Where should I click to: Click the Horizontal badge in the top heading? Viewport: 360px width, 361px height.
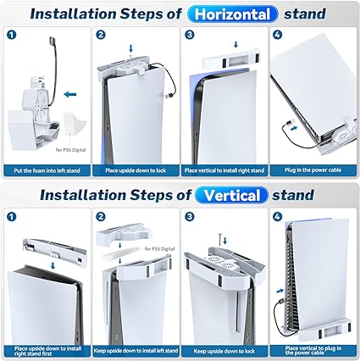click(x=233, y=14)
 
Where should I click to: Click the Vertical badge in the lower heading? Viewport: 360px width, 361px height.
click(x=232, y=195)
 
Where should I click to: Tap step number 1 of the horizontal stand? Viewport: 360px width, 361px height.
click(x=12, y=35)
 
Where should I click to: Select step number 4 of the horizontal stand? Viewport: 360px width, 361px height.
click(x=278, y=35)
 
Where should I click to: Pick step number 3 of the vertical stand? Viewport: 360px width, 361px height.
click(x=190, y=217)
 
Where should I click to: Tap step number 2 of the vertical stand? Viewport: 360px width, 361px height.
click(x=101, y=217)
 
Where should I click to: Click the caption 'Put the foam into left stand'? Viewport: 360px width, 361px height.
click(x=47, y=170)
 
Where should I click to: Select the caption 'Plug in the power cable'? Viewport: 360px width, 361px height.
click(x=313, y=170)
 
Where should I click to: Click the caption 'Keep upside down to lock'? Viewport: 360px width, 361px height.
click(x=224, y=352)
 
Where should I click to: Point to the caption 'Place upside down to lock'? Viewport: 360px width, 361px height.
click(x=136, y=170)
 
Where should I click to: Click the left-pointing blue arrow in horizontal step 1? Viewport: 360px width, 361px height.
click(x=70, y=94)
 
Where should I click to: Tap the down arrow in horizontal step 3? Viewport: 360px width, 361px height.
click(x=236, y=44)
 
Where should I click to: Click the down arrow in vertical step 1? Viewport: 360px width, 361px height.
click(x=53, y=266)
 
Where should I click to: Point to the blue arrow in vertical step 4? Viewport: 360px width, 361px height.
click(x=280, y=291)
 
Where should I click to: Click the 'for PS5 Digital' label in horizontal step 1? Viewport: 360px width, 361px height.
click(x=70, y=150)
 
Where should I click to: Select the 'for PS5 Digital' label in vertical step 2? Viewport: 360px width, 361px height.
click(x=159, y=248)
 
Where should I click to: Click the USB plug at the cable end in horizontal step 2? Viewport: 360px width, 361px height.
click(x=168, y=96)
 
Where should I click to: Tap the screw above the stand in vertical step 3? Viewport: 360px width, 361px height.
click(x=220, y=237)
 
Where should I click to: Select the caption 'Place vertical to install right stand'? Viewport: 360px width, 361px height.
click(x=224, y=170)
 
